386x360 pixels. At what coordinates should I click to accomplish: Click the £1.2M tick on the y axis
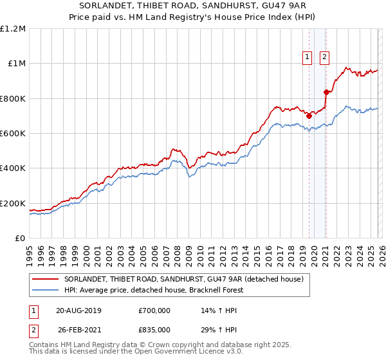click(13, 29)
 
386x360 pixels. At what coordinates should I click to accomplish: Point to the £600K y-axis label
click(13, 134)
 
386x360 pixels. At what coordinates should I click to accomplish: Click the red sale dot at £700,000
click(309, 116)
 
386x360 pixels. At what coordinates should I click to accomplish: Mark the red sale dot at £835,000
click(326, 92)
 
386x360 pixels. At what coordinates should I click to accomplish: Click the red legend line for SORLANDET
click(46, 279)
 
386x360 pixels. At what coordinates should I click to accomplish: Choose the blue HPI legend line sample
click(46, 290)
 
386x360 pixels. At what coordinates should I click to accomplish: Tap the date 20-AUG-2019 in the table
click(79, 310)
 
